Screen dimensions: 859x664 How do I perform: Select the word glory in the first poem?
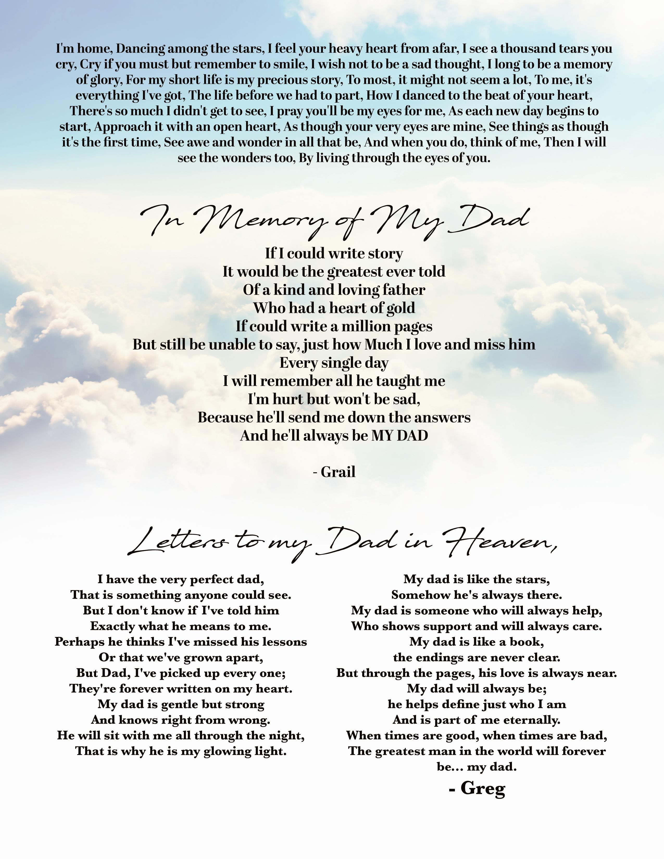click(106, 80)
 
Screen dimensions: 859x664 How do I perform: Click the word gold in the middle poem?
click(400, 308)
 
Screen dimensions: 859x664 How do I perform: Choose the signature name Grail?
click(338, 472)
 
